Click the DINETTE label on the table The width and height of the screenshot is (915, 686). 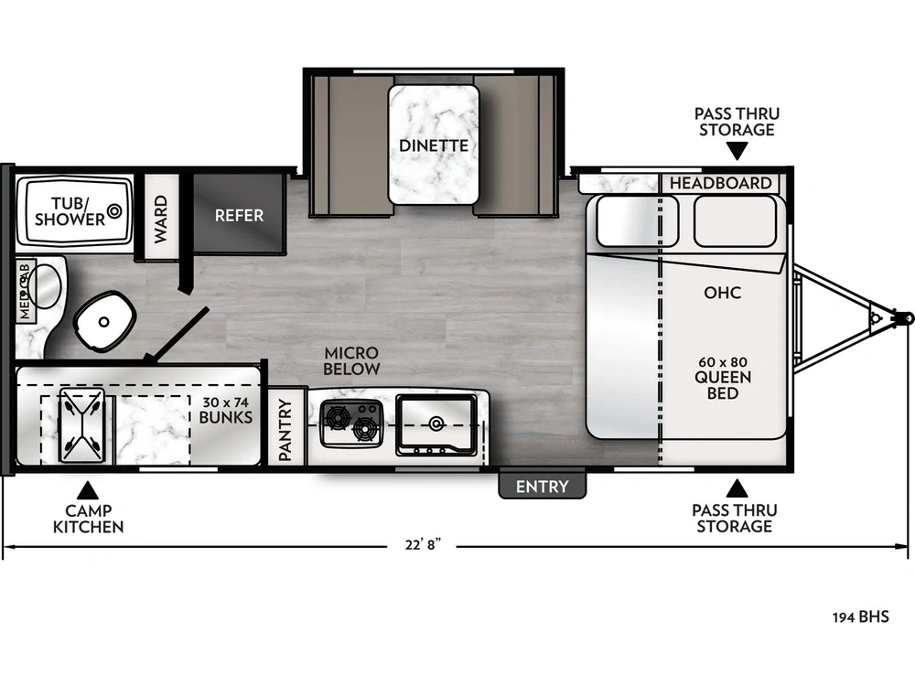click(434, 145)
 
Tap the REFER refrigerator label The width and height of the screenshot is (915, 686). click(239, 215)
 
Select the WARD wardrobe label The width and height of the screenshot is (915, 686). click(160, 220)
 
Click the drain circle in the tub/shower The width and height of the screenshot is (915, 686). click(114, 210)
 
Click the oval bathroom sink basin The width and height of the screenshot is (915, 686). click(44, 285)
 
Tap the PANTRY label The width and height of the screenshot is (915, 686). click(285, 429)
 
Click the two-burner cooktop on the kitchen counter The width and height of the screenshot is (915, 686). click(352, 423)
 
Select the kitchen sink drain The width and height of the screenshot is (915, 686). click(436, 423)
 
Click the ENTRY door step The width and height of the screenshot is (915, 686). click(542, 485)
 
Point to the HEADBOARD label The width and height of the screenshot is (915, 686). click(720, 183)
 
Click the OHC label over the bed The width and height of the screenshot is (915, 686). click(723, 293)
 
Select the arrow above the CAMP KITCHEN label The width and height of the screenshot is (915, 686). click(87, 489)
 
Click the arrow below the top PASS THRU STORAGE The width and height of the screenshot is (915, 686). click(737, 152)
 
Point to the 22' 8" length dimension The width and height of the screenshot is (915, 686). click(423, 545)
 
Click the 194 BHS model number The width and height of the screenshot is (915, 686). click(861, 616)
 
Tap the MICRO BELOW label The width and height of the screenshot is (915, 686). click(352, 360)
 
